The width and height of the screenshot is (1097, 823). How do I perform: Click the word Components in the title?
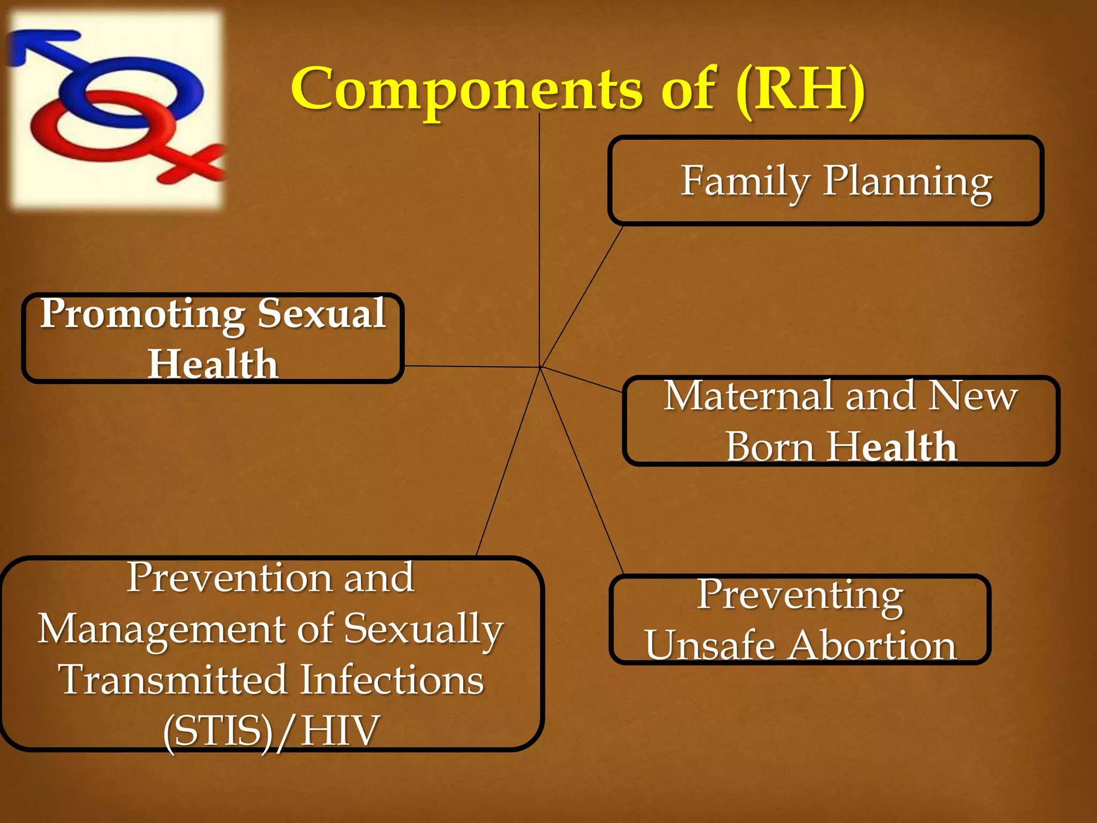[466, 88]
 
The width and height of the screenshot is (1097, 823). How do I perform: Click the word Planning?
[907, 181]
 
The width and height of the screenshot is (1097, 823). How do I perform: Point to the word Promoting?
[142, 314]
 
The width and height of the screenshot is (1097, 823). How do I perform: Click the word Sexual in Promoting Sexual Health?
[321, 313]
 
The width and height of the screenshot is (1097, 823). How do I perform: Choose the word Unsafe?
[710, 645]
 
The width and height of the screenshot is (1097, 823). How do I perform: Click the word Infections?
[391, 680]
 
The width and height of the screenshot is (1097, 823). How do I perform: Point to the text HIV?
[340, 731]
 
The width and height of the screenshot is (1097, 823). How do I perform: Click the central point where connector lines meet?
[540, 368]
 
